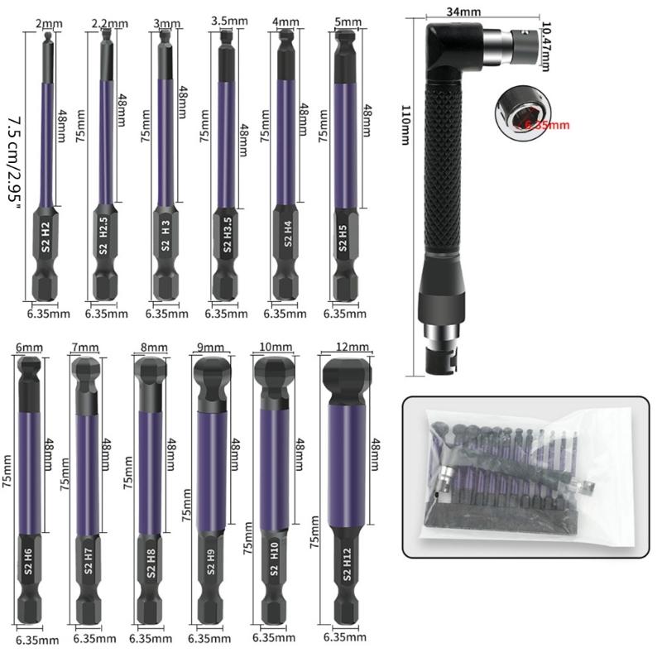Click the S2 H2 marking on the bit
point(46,236)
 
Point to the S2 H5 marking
point(343,237)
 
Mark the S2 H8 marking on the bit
point(151,568)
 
